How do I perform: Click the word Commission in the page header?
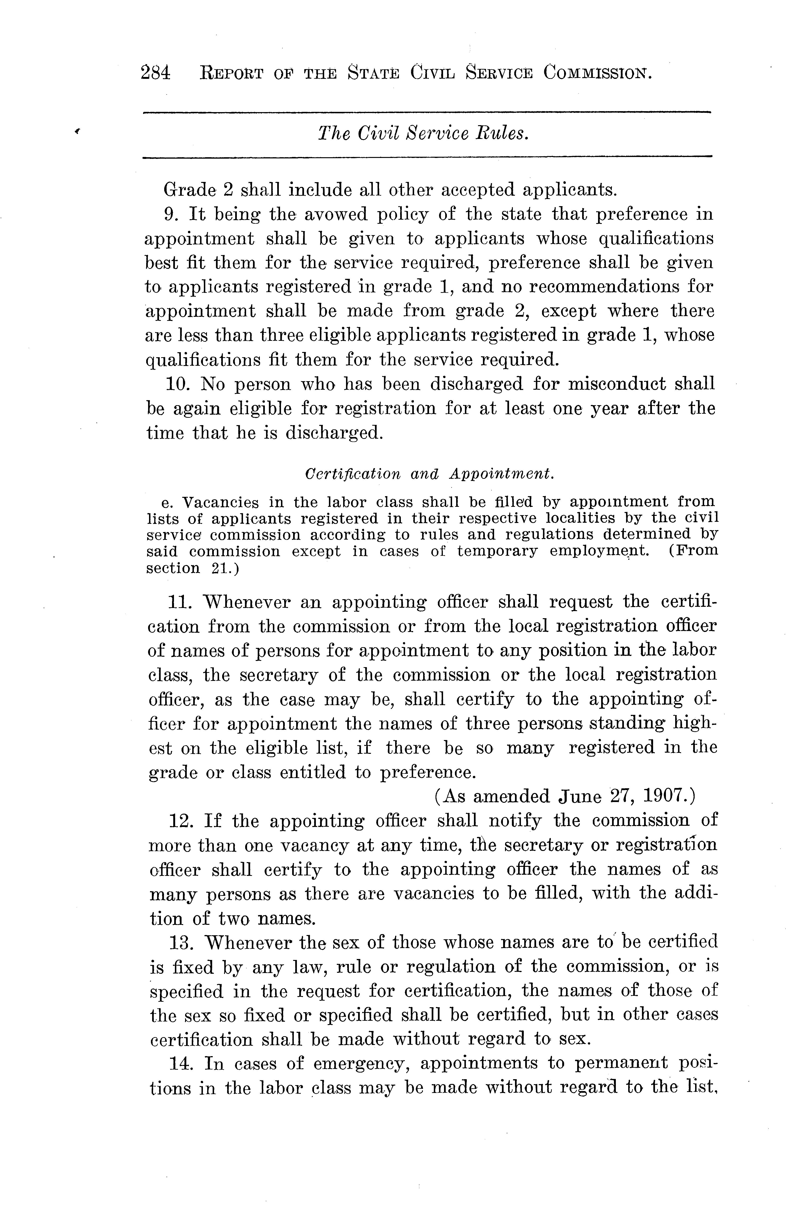[598, 74]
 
